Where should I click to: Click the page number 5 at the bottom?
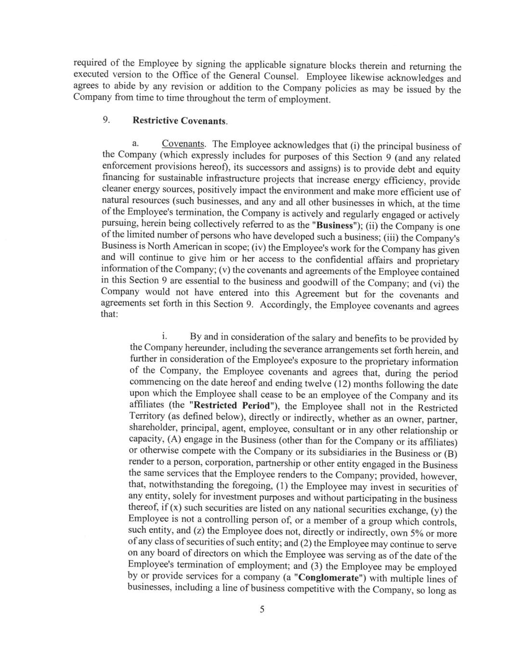coord(262,609)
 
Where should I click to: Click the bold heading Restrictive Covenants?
coord(180,121)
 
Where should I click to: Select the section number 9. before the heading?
coord(106,120)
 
